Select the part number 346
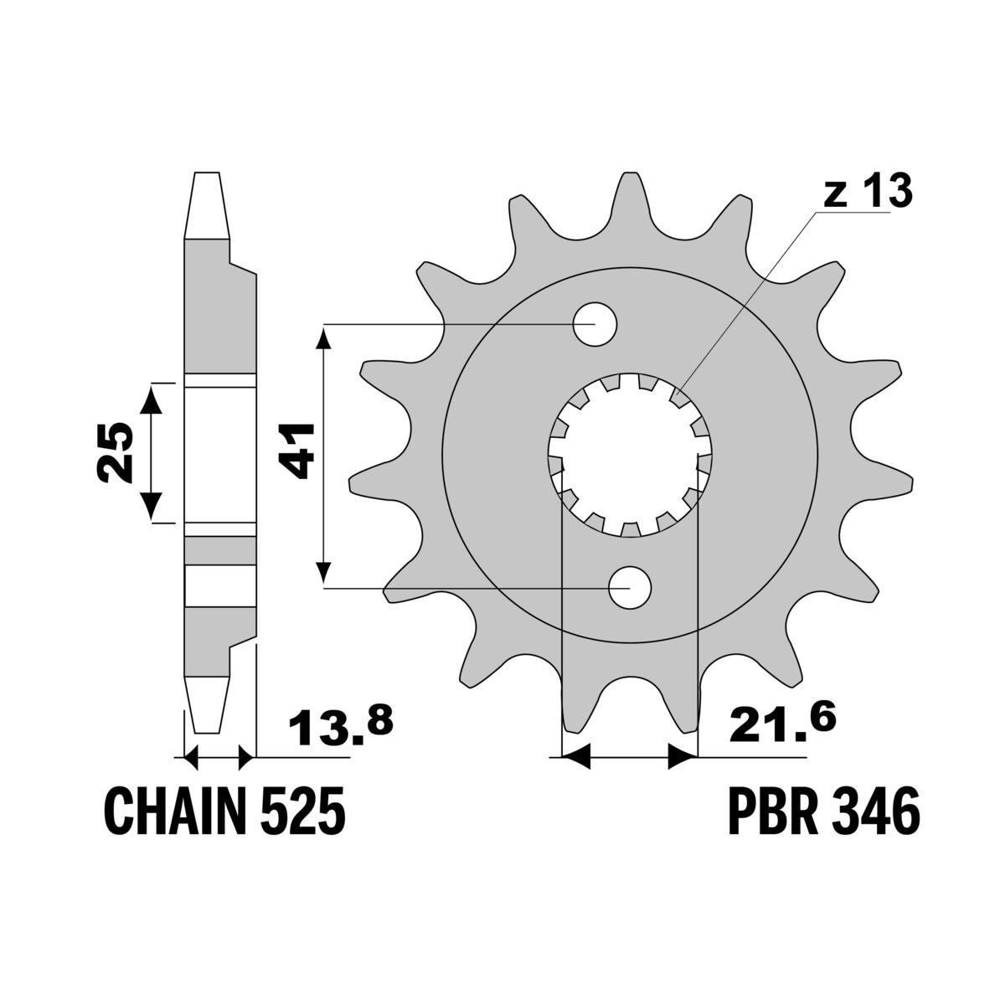pyautogui.click(x=876, y=811)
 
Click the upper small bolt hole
pyautogui.click(x=595, y=323)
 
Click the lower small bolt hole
pyautogui.click(x=630, y=587)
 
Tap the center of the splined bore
pyautogui.click(x=629, y=455)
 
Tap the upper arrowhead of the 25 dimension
pyautogui.click(x=152, y=399)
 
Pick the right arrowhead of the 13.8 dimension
pyautogui.click(x=245, y=759)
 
